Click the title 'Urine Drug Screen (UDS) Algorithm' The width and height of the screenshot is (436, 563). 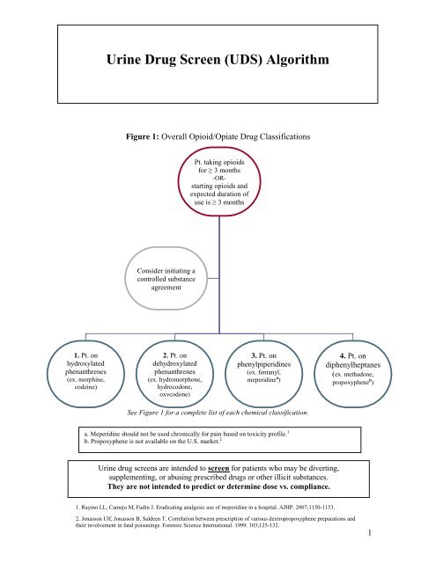218,62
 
